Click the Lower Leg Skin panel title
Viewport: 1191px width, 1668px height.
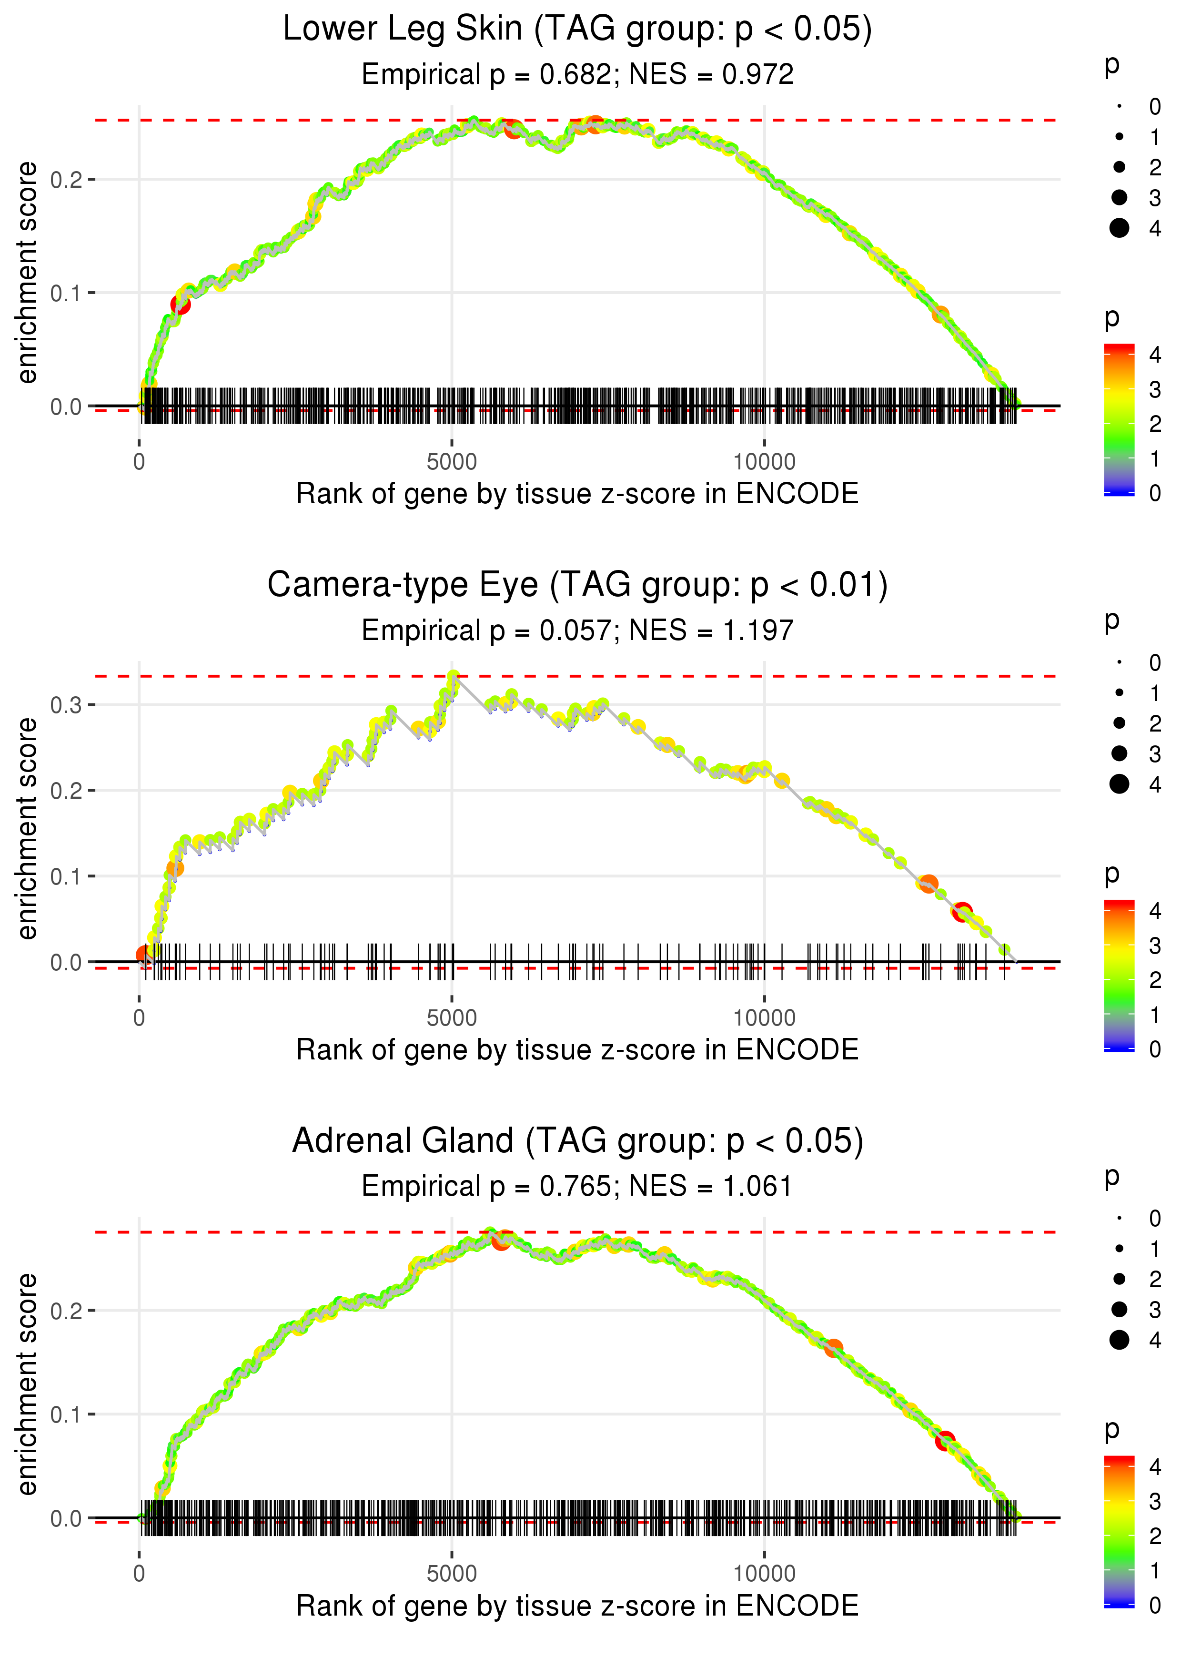point(577,30)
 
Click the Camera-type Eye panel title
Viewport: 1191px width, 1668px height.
point(577,585)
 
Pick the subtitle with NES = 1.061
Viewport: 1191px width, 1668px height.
point(577,1187)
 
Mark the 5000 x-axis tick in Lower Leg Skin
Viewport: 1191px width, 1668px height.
point(452,462)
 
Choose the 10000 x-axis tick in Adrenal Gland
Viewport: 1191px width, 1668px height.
point(764,1574)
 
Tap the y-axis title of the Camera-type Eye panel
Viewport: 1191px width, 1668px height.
point(27,828)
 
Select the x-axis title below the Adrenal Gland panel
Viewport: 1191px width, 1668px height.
point(577,1606)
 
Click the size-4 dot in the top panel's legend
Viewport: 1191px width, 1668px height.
point(1119,228)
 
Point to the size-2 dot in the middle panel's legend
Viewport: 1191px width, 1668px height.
point(1119,723)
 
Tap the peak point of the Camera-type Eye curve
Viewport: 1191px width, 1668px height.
point(454,676)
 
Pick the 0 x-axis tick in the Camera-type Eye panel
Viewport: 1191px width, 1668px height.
point(139,1018)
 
